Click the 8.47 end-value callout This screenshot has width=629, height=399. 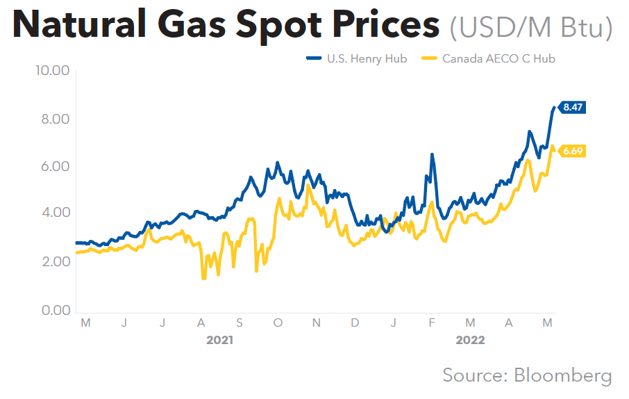coord(573,107)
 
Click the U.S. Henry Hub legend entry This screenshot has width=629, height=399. coord(357,58)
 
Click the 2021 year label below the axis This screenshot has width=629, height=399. coord(220,341)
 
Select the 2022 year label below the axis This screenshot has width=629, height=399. coord(470,341)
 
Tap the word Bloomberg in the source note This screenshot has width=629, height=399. coord(563,375)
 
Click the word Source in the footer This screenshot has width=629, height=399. coord(471,375)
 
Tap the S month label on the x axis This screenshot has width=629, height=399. coord(239,323)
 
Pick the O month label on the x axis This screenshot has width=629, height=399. coord(278,323)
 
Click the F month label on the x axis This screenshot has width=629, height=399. coord(431,323)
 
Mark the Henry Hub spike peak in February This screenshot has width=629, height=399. coord(432,155)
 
